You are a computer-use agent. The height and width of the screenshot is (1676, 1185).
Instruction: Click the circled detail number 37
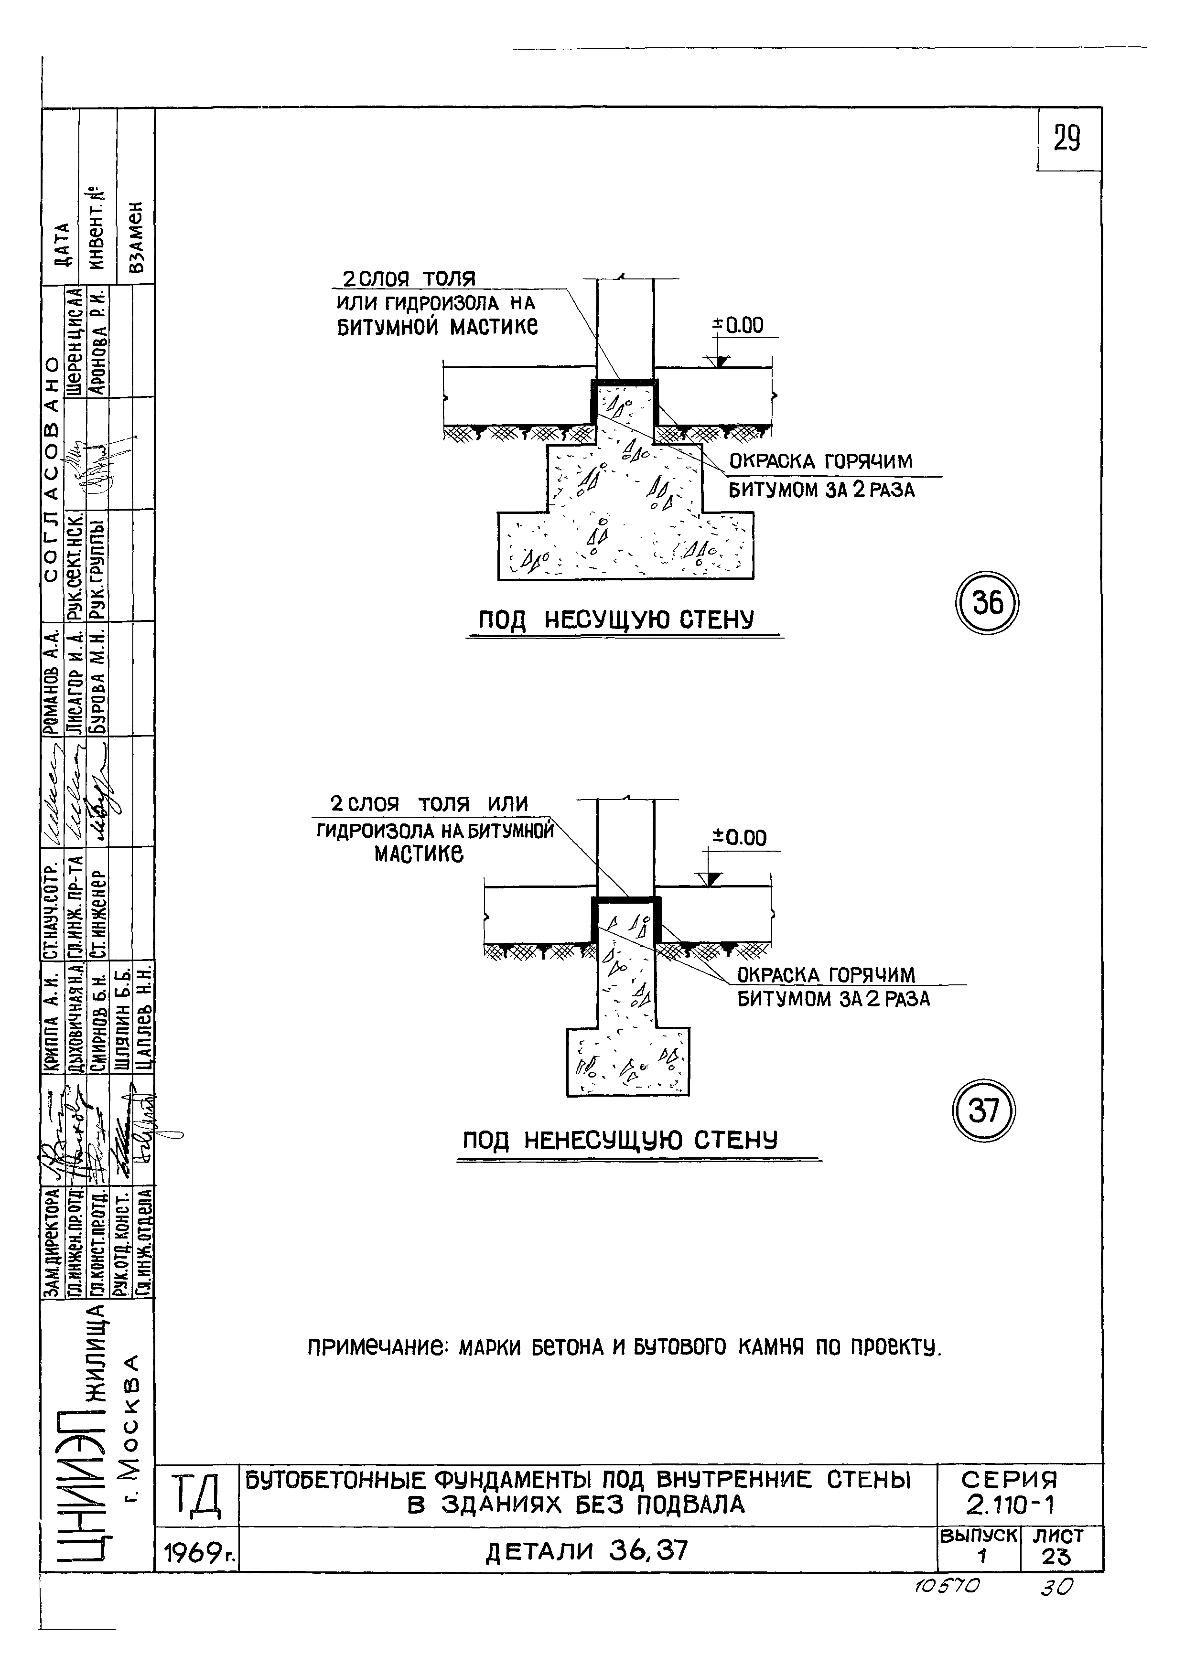click(x=984, y=1112)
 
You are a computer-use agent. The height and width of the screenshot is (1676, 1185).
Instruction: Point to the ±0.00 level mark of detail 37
click(x=740, y=838)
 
